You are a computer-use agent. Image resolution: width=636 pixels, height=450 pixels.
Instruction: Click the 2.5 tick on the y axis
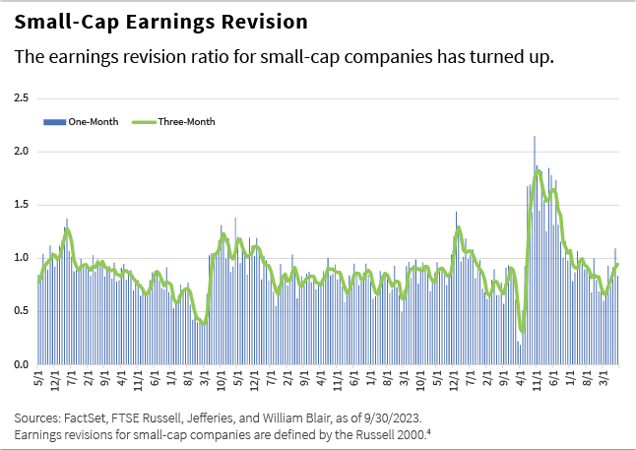click(x=20, y=98)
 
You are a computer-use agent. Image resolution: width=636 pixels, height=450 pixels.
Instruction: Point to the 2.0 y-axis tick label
click(x=20, y=152)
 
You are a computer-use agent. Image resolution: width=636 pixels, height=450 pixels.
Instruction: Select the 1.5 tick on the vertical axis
click(x=20, y=205)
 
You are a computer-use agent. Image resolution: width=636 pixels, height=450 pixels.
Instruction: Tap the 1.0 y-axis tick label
click(x=20, y=258)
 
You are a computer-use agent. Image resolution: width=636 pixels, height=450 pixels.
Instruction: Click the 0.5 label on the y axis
click(x=20, y=311)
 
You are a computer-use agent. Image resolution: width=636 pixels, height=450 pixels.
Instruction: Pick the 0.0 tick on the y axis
click(x=20, y=364)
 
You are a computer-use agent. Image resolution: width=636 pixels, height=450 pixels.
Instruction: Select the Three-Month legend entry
click(x=186, y=122)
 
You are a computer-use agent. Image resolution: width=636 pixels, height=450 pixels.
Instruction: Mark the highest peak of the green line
click(x=538, y=170)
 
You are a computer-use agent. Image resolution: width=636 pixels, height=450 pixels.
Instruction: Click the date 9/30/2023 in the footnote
click(x=387, y=417)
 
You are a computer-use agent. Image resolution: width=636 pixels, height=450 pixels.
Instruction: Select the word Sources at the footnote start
click(x=36, y=417)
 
